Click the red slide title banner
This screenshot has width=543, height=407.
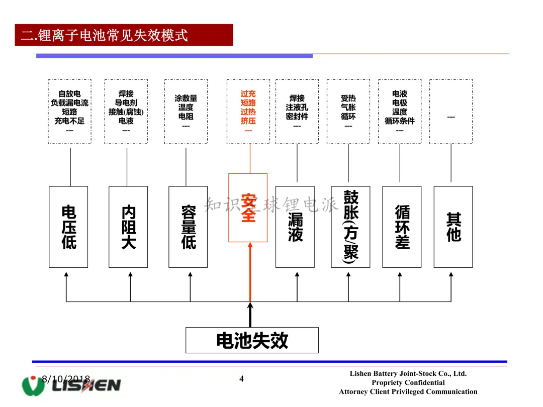pyautogui.click(x=124, y=35)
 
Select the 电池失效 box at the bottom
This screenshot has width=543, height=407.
pyautogui.click(x=252, y=340)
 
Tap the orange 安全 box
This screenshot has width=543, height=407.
pyautogui.click(x=248, y=208)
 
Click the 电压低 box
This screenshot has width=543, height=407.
pyautogui.click(x=68, y=227)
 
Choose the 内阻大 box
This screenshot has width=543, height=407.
pyautogui.click(x=128, y=227)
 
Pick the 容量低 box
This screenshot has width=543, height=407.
pyautogui.click(x=188, y=227)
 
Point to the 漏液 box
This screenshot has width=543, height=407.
pyautogui.click(x=295, y=227)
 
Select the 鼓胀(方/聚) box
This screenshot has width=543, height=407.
pyautogui.click(x=350, y=227)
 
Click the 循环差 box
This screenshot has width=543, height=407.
pyautogui.click(x=402, y=227)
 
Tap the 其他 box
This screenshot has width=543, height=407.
pyautogui.click(x=453, y=227)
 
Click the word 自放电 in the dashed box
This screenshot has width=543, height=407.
pyautogui.click(x=69, y=93)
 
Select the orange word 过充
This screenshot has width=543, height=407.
pyautogui.click(x=248, y=93)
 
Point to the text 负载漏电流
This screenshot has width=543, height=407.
pyautogui.click(x=69, y=103)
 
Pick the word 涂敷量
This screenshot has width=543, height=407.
pyautogui.click(x=186, y=98)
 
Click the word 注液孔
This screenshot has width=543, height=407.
pyautogui.click(x=297, y=107)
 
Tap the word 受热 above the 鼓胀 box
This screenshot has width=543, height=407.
pyautogui.click(x=348, y=98)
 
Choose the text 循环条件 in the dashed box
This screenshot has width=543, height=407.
pyautogui.click(x=399, y=121)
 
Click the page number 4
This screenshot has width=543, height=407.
pyautogui.click(x=241, y=379)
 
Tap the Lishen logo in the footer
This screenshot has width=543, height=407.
pyautogui.click(x=71, y=385)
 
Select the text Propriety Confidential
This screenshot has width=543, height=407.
pyautogui.click(x=408, y=382)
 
